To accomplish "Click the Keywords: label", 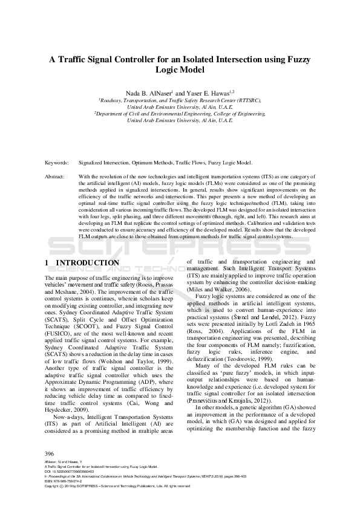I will pyautogui.click(x=56, y=163).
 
